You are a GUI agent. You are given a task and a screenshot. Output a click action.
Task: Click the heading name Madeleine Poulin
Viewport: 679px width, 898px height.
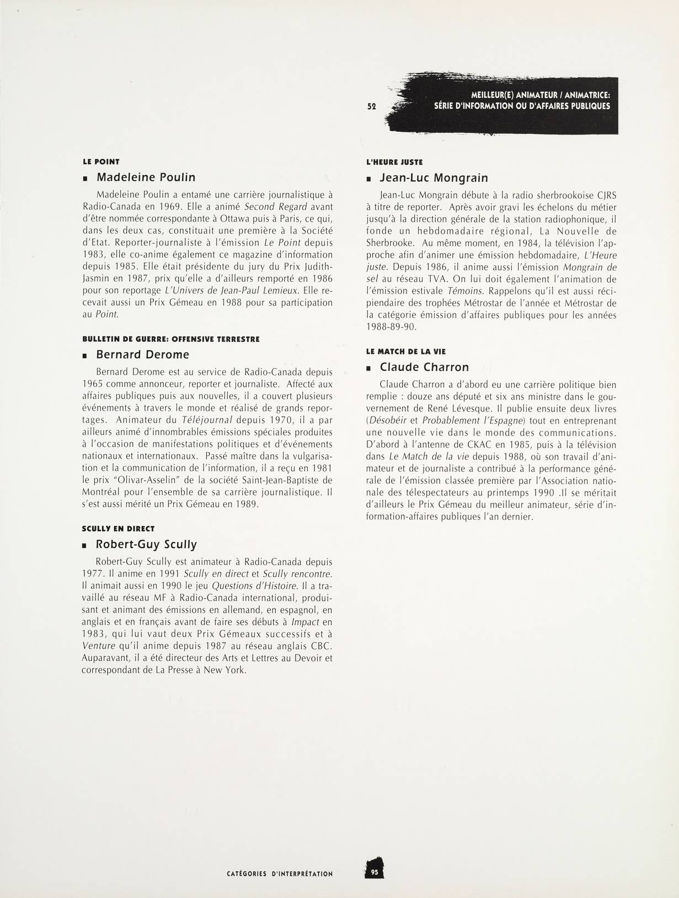coord(146,178)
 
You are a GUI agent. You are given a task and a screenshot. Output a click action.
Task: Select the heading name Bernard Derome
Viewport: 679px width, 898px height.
coord(142,354)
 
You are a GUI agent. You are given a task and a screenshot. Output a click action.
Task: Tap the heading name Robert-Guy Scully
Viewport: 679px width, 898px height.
coord(146,545)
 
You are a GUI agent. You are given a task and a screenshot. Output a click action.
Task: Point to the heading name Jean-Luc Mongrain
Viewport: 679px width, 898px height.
coord(434,178)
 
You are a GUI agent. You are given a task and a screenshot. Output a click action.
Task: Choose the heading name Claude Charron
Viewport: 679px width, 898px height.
coord(424,367)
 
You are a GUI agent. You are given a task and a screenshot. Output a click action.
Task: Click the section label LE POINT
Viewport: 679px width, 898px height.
coord(101,162)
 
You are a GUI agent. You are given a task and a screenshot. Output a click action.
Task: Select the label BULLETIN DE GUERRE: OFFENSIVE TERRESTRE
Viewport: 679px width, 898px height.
coord(170,339)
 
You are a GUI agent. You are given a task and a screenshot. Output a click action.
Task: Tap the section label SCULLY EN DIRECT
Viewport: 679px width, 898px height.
coord(118,529)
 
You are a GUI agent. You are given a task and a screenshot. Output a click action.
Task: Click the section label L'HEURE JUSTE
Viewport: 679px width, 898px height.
coord(394,163)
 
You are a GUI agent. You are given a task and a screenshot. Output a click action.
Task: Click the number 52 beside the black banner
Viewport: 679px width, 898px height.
coord(372,106)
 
